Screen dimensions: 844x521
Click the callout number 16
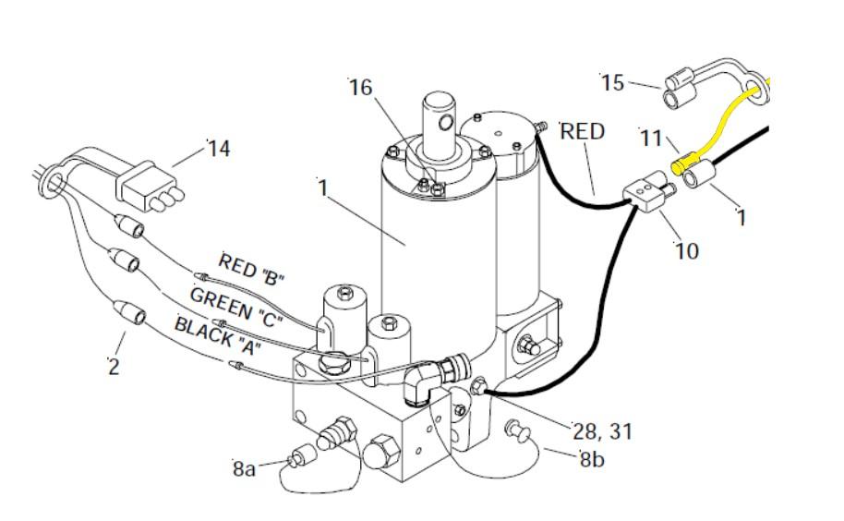(361, 87)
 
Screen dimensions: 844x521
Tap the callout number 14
(219, 149)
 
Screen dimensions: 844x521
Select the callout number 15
(612, 83)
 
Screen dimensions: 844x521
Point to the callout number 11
(651, 139)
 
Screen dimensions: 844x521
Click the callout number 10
(687, 251)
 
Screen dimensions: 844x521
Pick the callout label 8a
(244, 468)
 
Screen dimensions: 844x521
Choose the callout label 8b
(592, 458)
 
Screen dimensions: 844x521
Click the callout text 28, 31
(602, 431)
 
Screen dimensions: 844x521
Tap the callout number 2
(114, 367)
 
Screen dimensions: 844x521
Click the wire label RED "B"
(251, 269)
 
